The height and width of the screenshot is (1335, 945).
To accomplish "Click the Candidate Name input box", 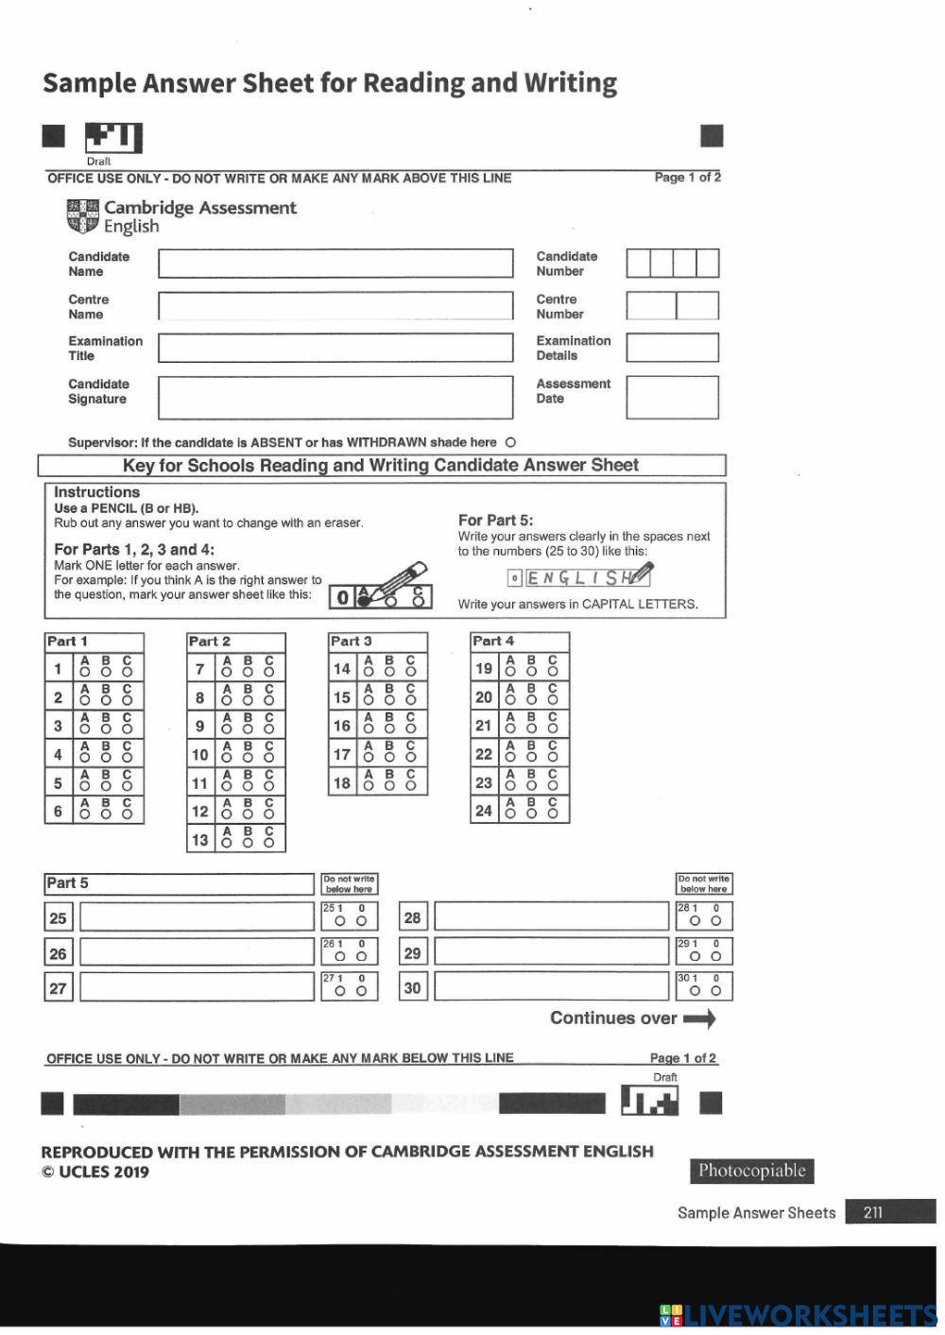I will coord(335,264).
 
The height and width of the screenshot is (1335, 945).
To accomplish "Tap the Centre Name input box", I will coord(335,306).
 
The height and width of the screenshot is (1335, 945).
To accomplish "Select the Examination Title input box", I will coord(335,348).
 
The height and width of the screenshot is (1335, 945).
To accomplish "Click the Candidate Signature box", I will coord(335,398).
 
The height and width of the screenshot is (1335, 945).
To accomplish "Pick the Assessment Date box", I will coord(672,398).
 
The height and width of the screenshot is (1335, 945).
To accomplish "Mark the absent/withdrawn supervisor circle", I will coord(511,442).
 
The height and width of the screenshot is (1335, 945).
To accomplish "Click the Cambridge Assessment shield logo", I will coord(82,216).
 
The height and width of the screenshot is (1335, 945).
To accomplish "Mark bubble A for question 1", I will coord(85,673).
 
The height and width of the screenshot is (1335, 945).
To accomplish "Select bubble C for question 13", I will coord(269,843).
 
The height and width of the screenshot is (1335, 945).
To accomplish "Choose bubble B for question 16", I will coord(389,729).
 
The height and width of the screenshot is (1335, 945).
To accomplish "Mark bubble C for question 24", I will coord(553,813).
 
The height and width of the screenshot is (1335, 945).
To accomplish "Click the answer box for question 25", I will coord(197,916).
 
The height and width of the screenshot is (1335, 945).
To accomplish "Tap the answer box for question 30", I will coord(551,988).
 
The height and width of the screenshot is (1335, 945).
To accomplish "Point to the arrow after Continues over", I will coord(699,1018).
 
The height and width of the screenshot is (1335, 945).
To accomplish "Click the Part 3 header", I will coord(352,642).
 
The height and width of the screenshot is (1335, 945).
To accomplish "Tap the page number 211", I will coord(873,1212).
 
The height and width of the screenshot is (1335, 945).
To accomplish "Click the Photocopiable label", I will coord(752,1172).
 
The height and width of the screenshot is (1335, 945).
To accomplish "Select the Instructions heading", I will coord(96,492).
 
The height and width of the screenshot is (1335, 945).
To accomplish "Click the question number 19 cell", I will coord(484,668).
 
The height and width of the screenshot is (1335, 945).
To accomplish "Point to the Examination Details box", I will coord(672,348).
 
